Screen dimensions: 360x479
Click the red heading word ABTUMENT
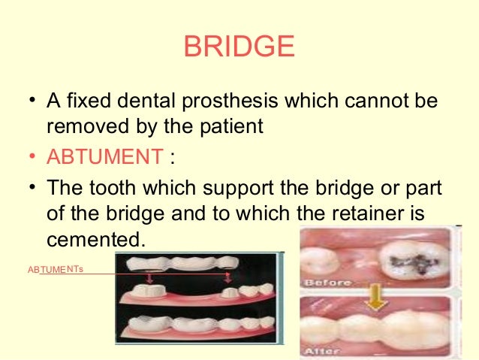coord(104,157)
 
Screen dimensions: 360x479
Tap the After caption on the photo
coord(324,350)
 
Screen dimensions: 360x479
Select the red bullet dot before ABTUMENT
coord(31,158)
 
